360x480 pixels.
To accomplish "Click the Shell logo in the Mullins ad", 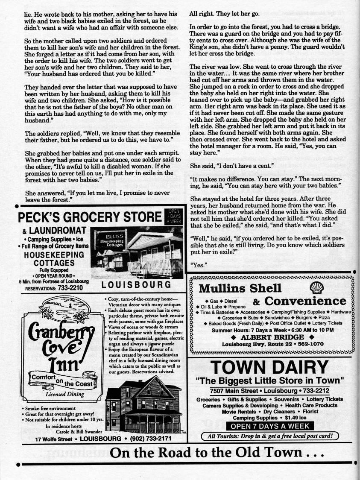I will pyautogui.click(x=316, y=287).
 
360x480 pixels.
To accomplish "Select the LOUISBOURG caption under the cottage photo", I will pyautogui.click(x=137, y=285).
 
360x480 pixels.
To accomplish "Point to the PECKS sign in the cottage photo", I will pyautogui.click(x=112, y=237).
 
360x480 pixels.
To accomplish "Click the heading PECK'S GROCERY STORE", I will pyautogui.click(x=90, y=218).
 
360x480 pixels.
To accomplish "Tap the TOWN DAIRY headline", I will pyautogui.click(x=269, y=367).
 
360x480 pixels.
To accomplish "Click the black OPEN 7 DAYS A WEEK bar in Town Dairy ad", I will pyautogui.click(x=269, y=426).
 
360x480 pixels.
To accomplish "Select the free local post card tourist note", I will pyautogui.click(x=269, y=436).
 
